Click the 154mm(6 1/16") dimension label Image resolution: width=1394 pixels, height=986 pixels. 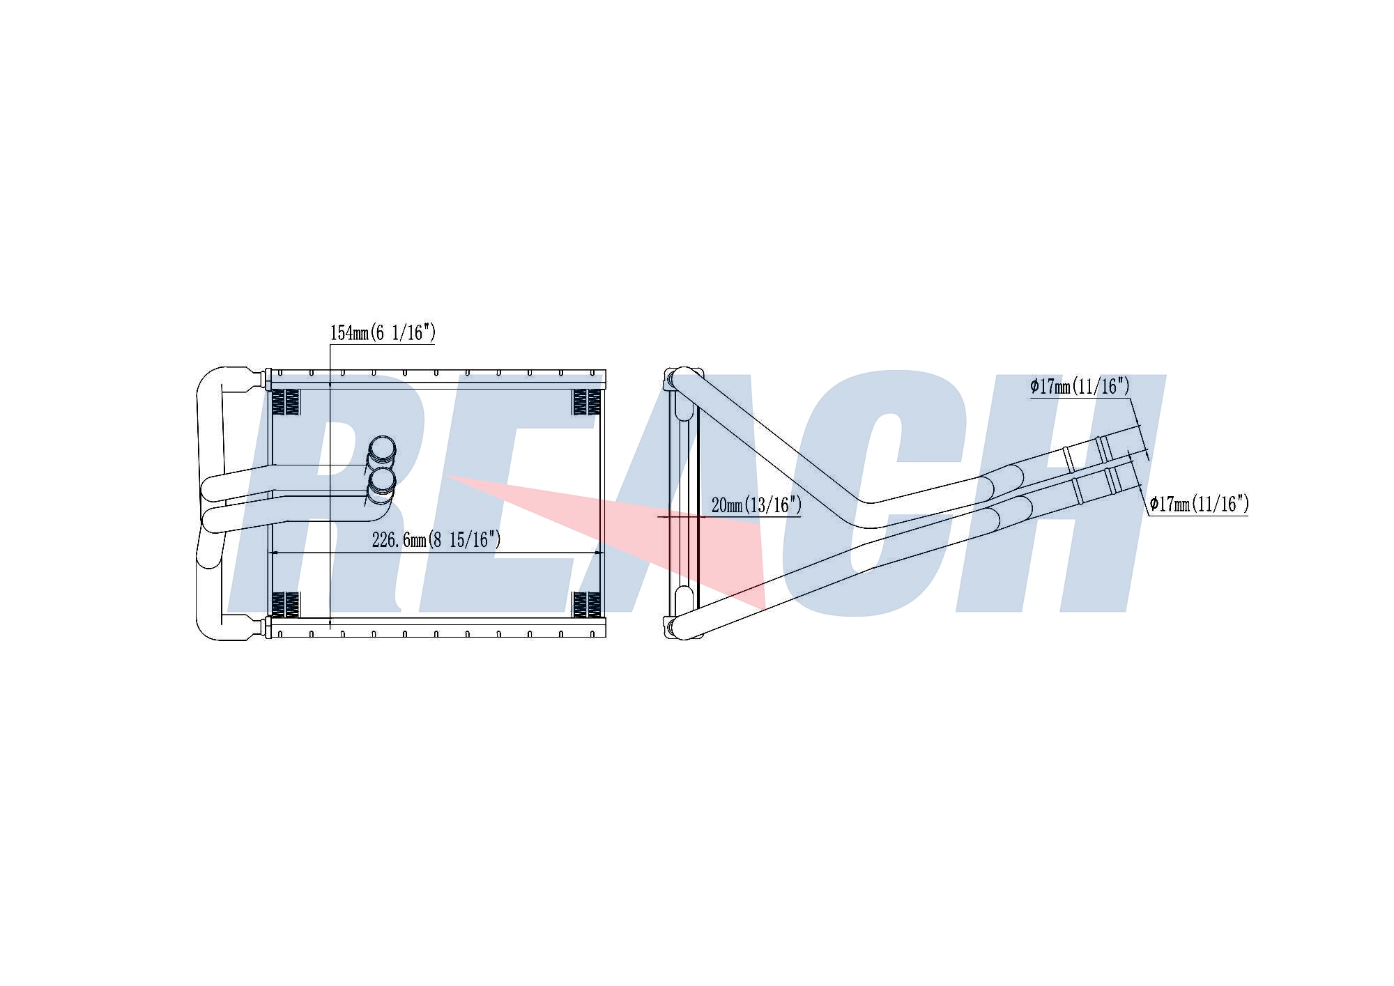383,332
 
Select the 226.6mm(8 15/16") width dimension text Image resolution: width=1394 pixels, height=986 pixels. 436,539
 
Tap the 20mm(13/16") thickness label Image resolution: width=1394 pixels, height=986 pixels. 756,504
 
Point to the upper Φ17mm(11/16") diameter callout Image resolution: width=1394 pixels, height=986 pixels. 1080,386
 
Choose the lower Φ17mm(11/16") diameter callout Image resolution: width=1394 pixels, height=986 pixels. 1199,504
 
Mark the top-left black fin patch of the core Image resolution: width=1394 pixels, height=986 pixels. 285,402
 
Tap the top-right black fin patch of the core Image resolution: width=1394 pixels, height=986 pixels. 586,402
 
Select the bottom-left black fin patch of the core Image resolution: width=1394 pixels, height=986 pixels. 285,605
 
